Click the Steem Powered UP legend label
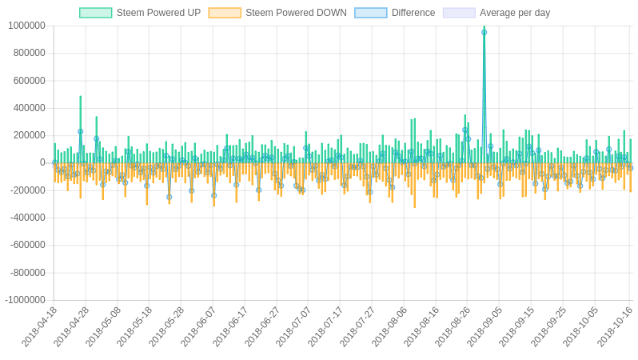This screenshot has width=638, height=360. (158, 13)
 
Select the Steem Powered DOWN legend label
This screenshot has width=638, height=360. (296, 13)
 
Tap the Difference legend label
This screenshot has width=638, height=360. (413, 13)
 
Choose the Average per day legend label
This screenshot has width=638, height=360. (515, 13)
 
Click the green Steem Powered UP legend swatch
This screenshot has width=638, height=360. (96, 13)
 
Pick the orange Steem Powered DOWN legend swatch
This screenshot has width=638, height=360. (225, 13)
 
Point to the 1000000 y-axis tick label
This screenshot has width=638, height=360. (26, 26)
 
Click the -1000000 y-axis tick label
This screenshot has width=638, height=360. (25, 300)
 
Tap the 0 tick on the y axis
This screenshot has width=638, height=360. (42, 162)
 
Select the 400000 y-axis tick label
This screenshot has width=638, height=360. (29, 108)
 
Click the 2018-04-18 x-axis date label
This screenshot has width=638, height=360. (40, 326)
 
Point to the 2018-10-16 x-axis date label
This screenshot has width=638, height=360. (615, 326)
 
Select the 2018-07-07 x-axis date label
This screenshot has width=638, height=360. (294, 326)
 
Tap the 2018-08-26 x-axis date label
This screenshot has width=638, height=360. (453, 326)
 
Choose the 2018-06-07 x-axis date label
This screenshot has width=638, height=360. (199, 326)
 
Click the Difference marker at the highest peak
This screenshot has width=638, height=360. (484, 32)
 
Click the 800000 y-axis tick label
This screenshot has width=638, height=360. (29, 53)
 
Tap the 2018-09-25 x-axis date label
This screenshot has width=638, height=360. (548, 326)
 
